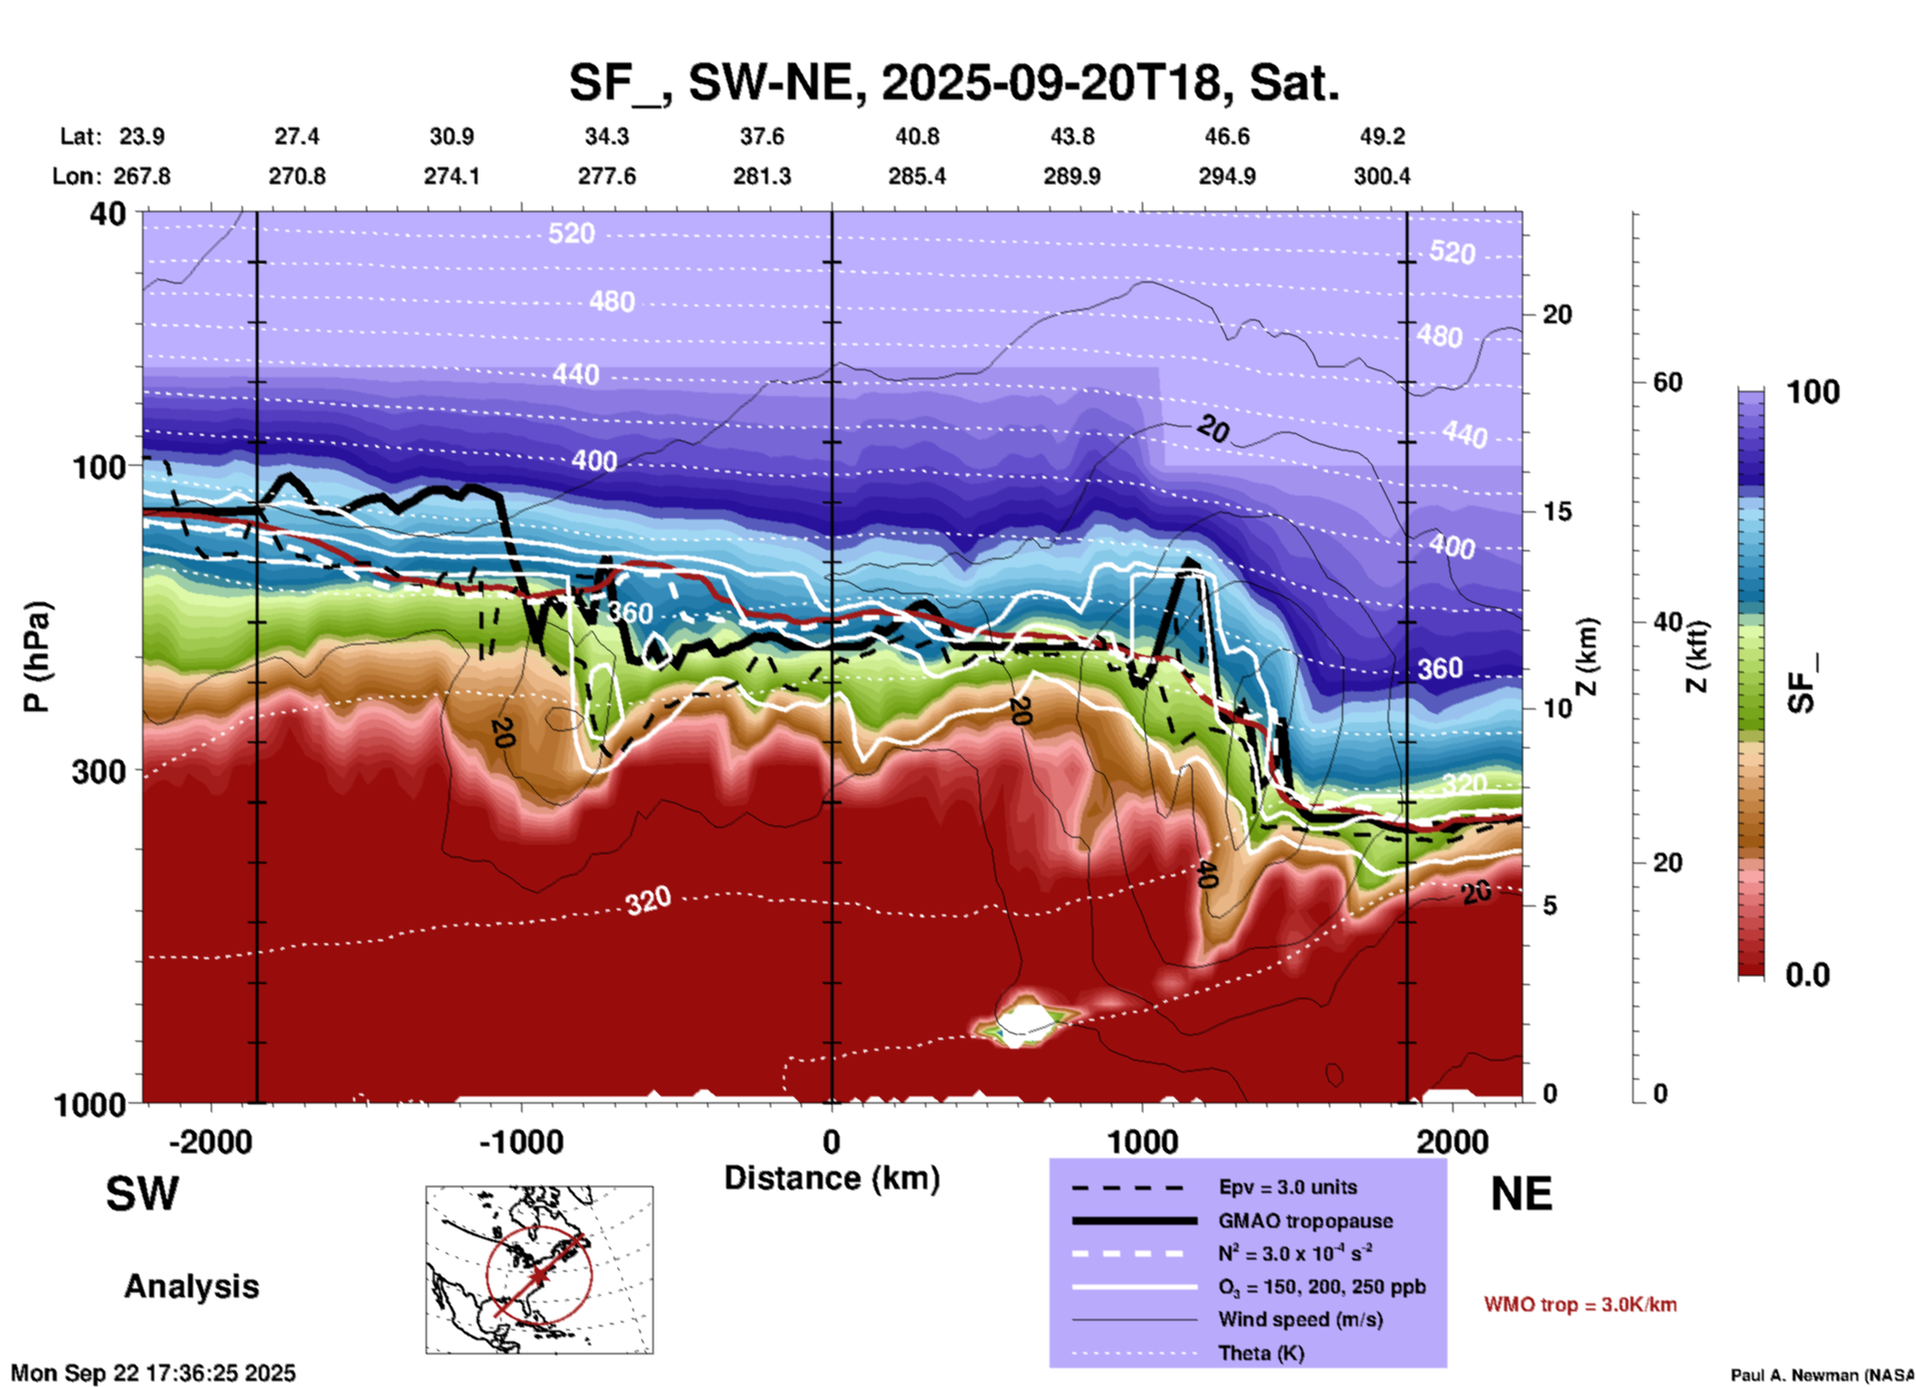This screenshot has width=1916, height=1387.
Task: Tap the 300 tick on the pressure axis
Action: point(98,771)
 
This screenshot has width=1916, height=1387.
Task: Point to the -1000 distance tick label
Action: point(521,1142)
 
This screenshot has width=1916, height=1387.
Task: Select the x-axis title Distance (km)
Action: point(832,1178)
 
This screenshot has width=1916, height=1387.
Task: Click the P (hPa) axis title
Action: point(36,657)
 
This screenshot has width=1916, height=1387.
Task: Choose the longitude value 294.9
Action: point(1227,177)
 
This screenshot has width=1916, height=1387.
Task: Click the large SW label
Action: point(142,1194)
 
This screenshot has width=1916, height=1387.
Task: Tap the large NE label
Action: point(1521,1194)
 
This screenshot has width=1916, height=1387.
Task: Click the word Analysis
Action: point(191,1287)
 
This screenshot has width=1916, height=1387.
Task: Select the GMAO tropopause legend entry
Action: point(1305,1221)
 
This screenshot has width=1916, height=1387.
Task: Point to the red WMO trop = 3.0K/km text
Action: point(1580,1304)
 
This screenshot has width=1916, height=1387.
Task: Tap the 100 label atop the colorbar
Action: point(1813,392)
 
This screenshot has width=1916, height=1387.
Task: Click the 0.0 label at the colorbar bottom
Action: point(1808,975)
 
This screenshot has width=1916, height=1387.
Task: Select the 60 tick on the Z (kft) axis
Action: point(1667,382)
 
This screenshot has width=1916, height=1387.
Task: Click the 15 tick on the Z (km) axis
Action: point(1557,511)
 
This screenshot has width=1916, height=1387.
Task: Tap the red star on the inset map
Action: point(538,1275)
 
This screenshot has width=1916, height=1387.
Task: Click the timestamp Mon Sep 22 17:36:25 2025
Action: point(153,1373)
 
